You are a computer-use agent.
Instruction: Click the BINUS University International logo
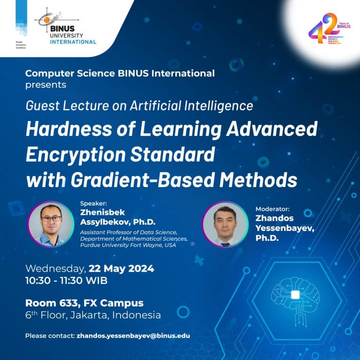pyautogui.click(x=66, y=28)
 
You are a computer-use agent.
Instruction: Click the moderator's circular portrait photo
pyautogui.click(x=225, y=224)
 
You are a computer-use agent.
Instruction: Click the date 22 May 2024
pyautogui.click(x=121, y=269)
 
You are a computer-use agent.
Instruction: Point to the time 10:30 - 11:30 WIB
pyautogui.click(x=66, y=281)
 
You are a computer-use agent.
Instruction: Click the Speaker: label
pyautogui.click(x=93, y=203)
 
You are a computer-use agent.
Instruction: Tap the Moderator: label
pyautogui.click(x=272, y=209)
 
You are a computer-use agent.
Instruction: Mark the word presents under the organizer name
pyautogui.click(x=45, y=85)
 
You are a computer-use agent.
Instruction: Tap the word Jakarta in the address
pyautogui.click(x=90, y=315)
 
